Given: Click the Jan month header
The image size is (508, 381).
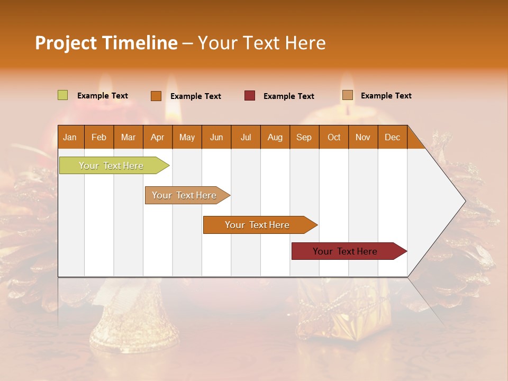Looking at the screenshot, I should pos(70,137).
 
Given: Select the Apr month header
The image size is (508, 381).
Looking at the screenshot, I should pos(157,137).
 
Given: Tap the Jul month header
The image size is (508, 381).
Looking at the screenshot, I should pos(246,137).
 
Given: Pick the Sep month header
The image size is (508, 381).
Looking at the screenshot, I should pos(304,137).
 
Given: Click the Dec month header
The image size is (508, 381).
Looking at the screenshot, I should pos(392,137).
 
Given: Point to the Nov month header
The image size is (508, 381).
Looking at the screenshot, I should pos(362,137).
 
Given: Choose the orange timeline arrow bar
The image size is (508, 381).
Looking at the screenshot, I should pos(258,225).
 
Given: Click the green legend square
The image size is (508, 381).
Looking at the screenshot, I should pos(62,95).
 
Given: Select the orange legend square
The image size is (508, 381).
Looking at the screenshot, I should pos(156,96).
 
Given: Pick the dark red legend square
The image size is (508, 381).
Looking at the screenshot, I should pos(250,96).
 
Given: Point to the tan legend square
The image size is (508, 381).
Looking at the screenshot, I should pos(347,95).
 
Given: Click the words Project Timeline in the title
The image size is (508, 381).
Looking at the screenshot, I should pos(106,43).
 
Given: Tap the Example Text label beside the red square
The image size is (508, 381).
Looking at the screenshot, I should pos(288,96).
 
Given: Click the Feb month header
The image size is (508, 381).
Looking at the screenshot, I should pos(98,137).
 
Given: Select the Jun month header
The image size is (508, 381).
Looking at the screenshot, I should pos(216,137).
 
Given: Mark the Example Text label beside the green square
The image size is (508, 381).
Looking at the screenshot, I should pos(102,95).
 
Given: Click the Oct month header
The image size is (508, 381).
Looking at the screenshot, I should pos(333,137).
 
